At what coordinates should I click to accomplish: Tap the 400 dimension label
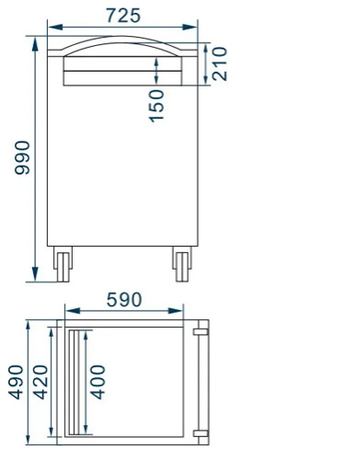coord(98,381)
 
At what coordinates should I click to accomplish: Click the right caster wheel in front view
coord(181,265)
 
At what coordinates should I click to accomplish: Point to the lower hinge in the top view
coord(202,432)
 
